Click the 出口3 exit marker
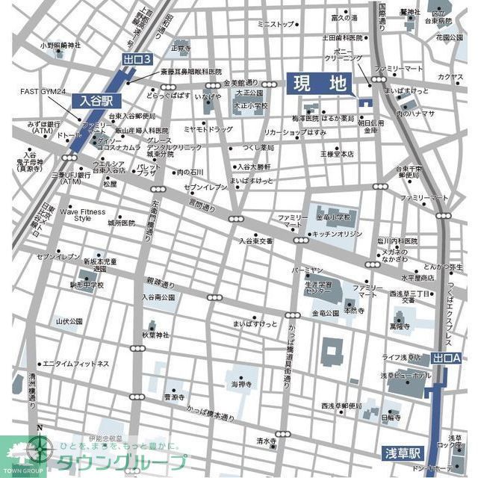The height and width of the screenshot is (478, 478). (137, 59)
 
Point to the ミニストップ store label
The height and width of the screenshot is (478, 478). (276, 25)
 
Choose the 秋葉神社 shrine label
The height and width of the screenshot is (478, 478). (158, 335)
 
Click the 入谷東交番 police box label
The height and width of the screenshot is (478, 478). (257, 241)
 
